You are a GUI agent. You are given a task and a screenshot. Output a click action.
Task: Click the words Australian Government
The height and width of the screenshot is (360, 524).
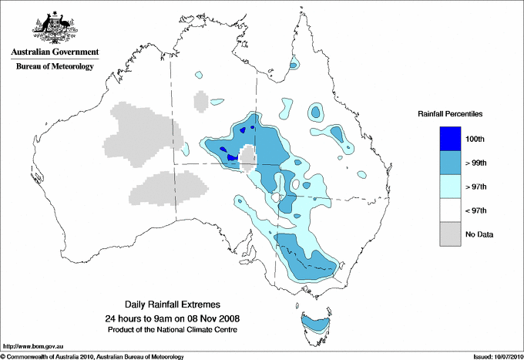tap(54, 52)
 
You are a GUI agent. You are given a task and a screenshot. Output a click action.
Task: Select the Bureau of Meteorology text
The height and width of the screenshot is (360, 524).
tap(54, 66)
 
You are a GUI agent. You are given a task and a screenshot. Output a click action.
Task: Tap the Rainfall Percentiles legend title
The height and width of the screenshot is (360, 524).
tap(450, 114)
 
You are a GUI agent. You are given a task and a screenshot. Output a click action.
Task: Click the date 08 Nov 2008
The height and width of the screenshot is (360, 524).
tap(207, 318)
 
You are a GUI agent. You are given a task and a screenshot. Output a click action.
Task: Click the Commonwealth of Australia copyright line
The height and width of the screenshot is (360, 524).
tap(92, 356)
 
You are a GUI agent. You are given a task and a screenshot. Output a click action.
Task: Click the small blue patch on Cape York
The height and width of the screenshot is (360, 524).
tap(294, 65)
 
